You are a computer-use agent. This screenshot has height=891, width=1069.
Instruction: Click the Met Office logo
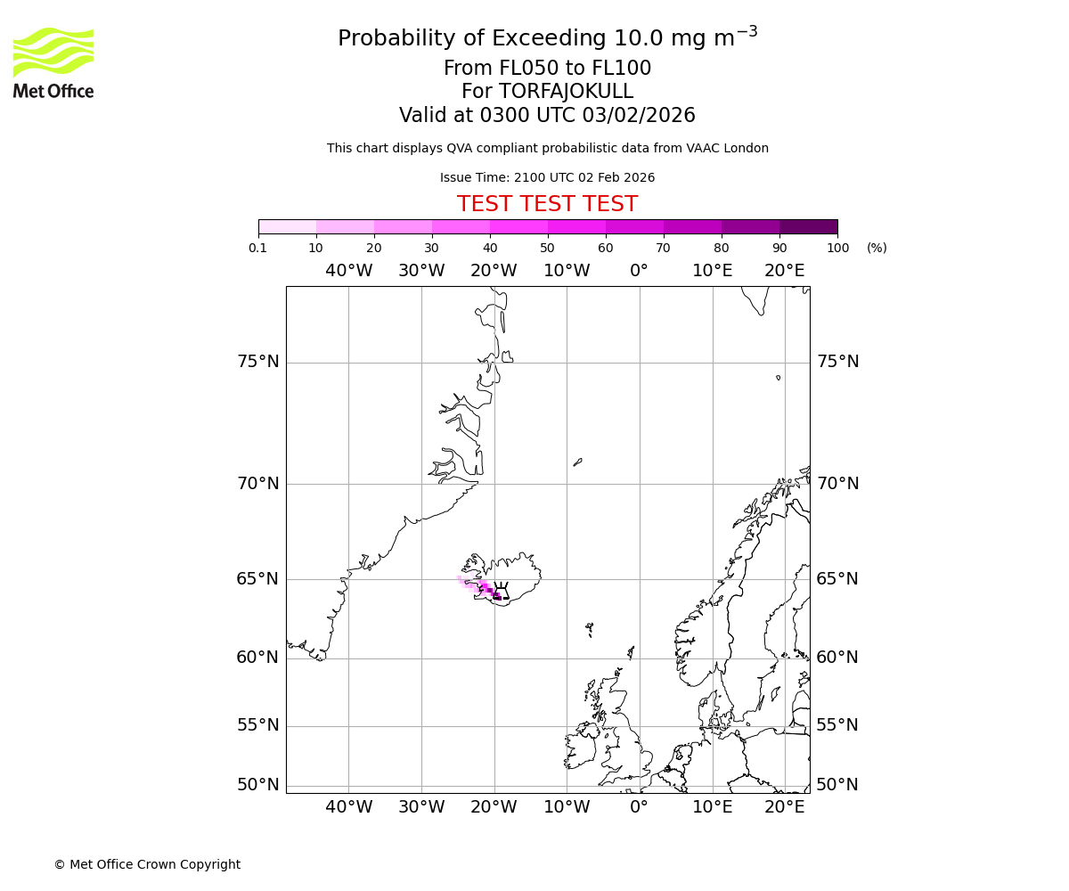53,62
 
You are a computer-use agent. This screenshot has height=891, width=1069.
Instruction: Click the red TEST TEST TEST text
547,204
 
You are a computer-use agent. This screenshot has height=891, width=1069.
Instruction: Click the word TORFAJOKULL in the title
566,92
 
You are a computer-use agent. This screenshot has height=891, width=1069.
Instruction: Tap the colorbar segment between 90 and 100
808,226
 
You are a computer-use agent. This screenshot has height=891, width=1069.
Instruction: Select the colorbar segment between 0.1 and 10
288,226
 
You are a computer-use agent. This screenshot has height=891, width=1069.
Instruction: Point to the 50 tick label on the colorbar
547,248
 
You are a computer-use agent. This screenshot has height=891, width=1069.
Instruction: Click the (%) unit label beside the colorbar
877,248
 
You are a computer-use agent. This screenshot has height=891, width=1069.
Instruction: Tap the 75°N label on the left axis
257,362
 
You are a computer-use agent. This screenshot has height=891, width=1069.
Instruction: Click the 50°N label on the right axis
837,785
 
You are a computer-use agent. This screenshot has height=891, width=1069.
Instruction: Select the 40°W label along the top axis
348,271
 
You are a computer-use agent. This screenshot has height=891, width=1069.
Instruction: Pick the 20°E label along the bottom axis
785,808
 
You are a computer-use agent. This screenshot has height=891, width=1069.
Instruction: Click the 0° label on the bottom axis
639,808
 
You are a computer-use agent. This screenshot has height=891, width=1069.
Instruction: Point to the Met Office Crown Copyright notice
147,864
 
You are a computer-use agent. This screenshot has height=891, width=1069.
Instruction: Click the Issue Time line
547,177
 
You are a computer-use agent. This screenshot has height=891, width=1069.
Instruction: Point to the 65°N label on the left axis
257,579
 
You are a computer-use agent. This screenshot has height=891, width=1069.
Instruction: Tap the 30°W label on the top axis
421,271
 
